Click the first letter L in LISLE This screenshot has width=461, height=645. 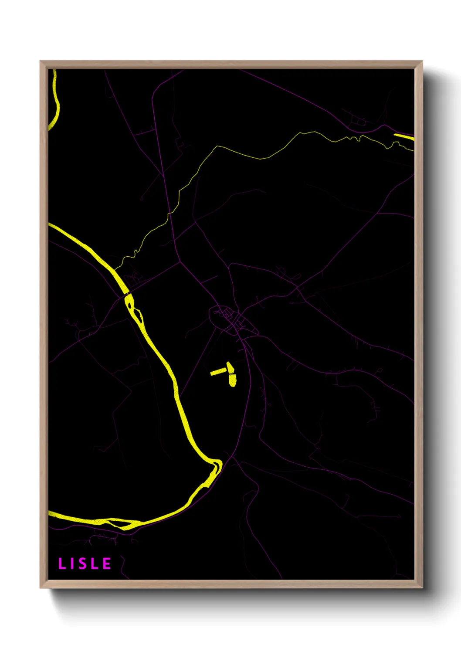coord(62,564)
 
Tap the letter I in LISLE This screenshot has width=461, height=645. coord(73,564)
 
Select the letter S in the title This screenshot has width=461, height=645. coord(83,564)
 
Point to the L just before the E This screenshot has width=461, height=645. coord(95,564)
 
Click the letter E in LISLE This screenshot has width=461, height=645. coord(107,564)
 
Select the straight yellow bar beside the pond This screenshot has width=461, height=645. coord(218,371)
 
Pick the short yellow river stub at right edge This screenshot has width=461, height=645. coord(404,137)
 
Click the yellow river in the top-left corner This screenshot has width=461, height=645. coord(55,105)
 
